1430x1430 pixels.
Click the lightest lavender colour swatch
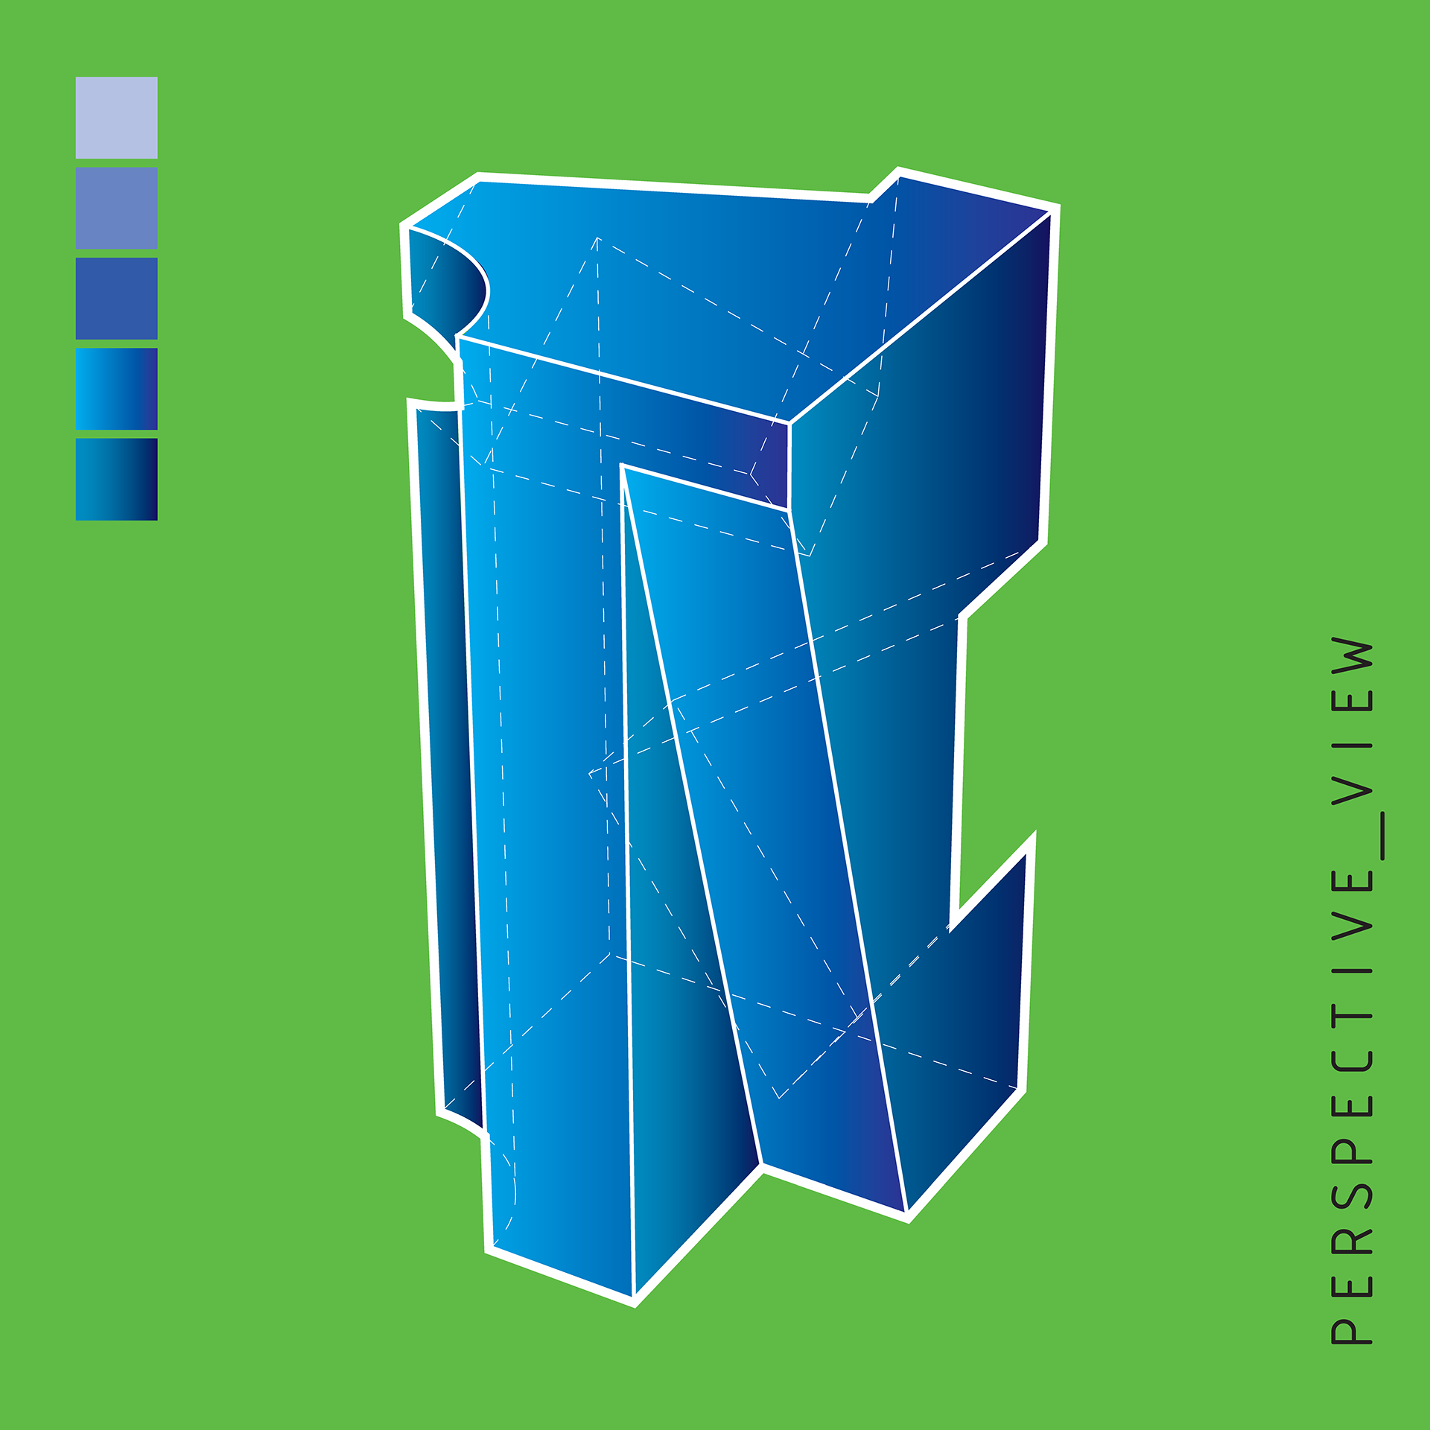(116, 117)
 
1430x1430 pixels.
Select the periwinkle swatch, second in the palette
(116, 208)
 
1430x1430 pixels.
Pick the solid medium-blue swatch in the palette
(116, 298)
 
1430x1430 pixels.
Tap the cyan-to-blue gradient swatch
(116, 389)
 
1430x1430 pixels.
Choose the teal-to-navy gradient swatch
(116, 479)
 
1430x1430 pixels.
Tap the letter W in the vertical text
(1352, 656)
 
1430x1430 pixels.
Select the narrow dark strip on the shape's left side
(447, 745)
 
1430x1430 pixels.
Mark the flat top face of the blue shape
(670, 283)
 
